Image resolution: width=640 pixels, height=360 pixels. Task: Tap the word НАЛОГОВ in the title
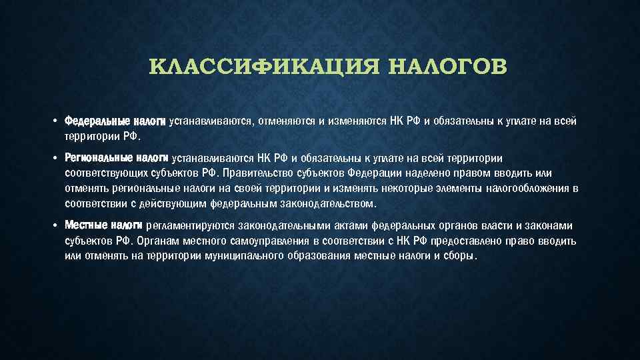(x=446, y=68)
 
